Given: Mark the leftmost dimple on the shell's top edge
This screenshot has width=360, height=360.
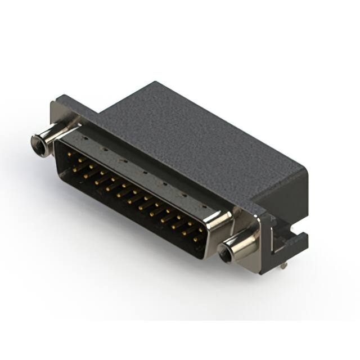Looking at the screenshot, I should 85,137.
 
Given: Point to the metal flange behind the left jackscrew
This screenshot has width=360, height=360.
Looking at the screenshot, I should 59,115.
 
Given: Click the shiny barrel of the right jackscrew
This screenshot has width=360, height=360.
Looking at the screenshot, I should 239,247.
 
